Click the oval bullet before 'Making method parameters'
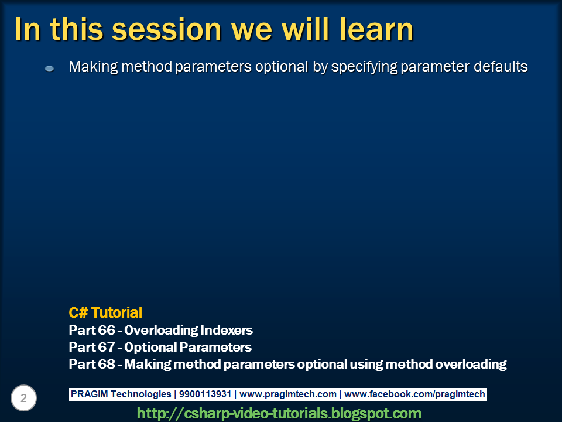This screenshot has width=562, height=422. (x=50, y=69)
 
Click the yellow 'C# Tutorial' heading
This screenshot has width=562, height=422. (x=105, y=312)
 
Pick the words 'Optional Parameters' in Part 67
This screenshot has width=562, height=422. (x=188, y=347)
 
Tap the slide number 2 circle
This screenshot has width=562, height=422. (x=24, y=399)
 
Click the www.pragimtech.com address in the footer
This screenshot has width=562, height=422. (x=288, y=394)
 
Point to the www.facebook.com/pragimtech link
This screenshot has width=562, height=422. (x=414, y=394)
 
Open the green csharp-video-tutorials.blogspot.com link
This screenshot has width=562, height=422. (x=279, y=413)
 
